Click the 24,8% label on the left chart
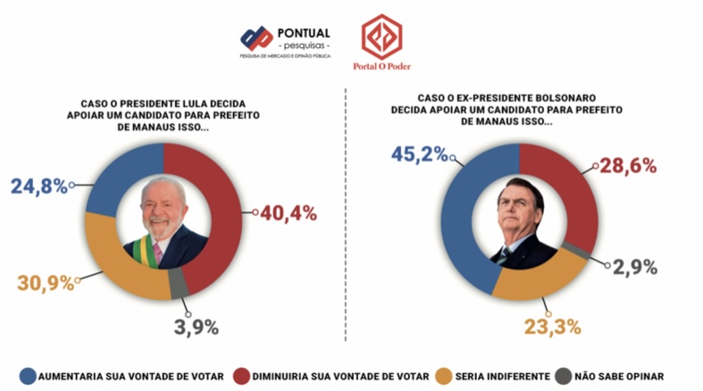[x=38, y=187]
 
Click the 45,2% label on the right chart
[x=419, y=154]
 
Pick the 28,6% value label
[x=630, y=165]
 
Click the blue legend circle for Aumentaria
[x=28, y=376]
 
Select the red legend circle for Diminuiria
[x=240, y=376]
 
